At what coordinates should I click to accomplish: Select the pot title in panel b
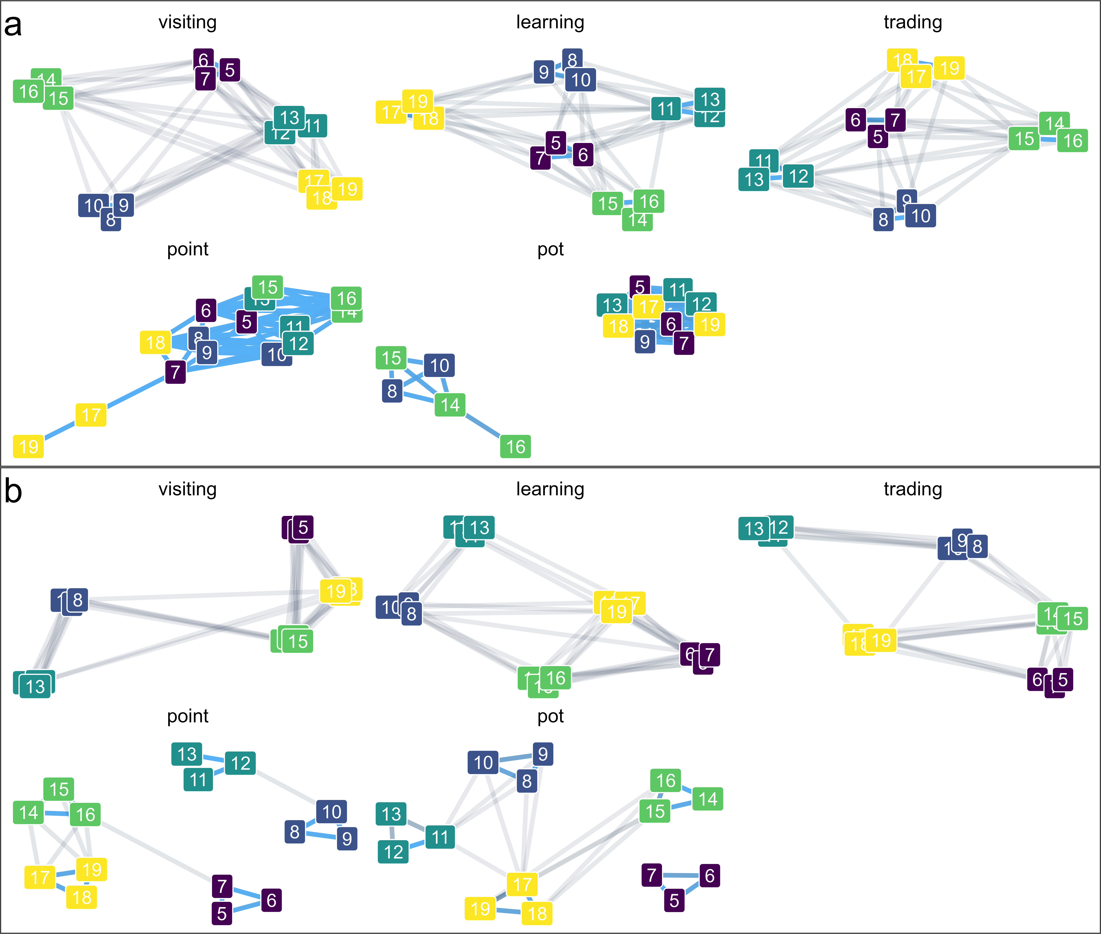550,716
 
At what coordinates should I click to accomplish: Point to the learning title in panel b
550,489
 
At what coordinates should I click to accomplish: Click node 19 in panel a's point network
29,446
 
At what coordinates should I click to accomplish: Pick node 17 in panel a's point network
91,415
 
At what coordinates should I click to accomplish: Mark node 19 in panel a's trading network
949,68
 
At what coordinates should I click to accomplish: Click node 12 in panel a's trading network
798,176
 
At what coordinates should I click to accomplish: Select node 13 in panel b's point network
187,754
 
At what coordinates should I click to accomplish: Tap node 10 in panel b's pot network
483,762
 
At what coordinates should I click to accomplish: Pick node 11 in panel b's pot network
440,837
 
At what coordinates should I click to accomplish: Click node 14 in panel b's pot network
708,799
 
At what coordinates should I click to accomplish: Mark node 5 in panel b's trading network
1062,679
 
